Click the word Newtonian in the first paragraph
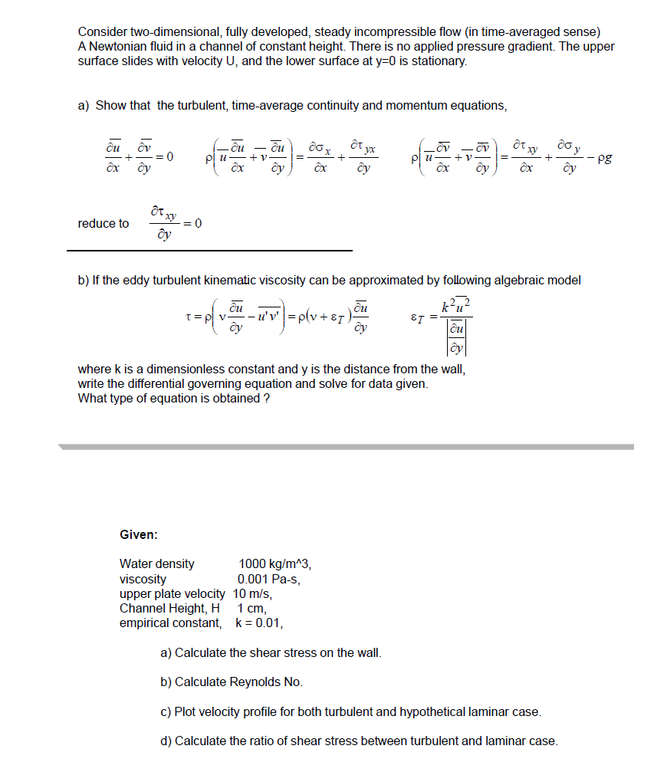click(x=116, y=46)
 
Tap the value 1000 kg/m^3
click(x=274, y=564)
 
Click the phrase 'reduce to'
click(x=104, y=224)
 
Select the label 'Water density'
click(x=156, y=564)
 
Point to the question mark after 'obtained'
click(x=266, y=399)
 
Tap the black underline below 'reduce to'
click(x=209, y=251)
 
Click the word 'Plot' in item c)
click(x=187, y=712)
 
